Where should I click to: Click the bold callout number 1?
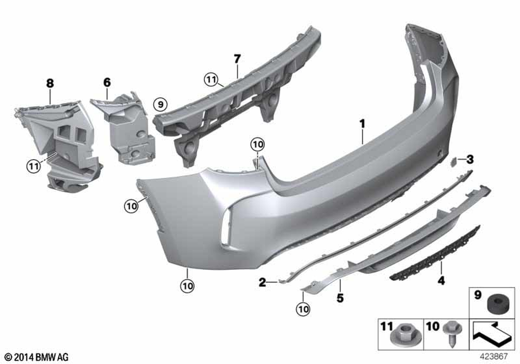[362, 124]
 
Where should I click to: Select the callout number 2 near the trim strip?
[262, 282]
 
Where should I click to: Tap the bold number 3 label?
[470, 160]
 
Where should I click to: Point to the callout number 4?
[441, 280]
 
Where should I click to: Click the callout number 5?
[340, 298]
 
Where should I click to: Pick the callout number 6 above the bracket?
[107, 82]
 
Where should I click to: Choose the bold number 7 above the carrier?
[237, 59]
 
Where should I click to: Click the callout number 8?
[50, 83]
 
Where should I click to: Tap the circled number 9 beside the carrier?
[161, 105]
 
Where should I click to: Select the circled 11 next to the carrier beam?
[211, 80]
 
